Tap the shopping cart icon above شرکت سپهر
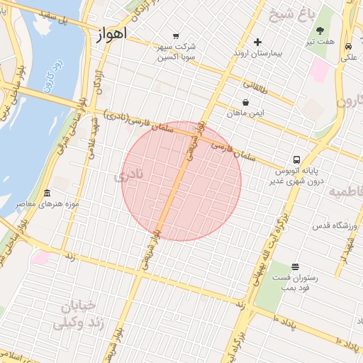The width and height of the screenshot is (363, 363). click(176, 35)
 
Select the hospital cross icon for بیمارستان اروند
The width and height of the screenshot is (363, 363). click(257, 43)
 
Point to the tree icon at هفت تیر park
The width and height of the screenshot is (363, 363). click(320, 30)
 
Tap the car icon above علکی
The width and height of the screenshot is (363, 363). click(348, 47)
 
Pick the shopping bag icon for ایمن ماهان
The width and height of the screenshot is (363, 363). click(245, 102)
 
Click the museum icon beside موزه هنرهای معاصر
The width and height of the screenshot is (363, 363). click(47, 194)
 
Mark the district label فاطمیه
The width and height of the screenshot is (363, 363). click(345, 192)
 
